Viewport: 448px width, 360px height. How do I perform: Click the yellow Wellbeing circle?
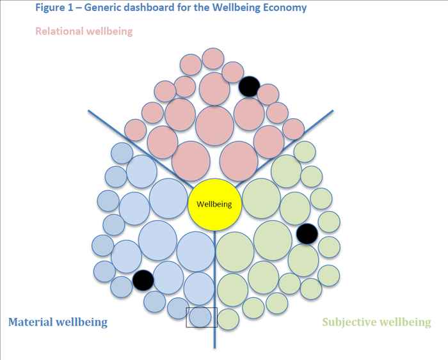[214, 205]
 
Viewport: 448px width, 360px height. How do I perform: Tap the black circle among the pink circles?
[249, 86]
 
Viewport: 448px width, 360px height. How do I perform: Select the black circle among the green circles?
[307, 234]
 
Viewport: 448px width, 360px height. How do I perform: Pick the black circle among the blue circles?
[143, 280]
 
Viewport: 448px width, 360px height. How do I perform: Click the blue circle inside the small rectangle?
[200, 317]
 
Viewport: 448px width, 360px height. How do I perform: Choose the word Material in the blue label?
[31, 322]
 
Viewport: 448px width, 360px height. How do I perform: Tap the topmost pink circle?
[213, 59]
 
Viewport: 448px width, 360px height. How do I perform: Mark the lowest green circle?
[228, 319]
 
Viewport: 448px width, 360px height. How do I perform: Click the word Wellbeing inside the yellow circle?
[214, 205]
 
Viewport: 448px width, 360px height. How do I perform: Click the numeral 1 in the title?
[70, 8]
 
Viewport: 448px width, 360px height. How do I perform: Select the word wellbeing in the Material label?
[81, 322]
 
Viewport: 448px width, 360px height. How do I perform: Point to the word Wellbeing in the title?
[237, 8]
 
